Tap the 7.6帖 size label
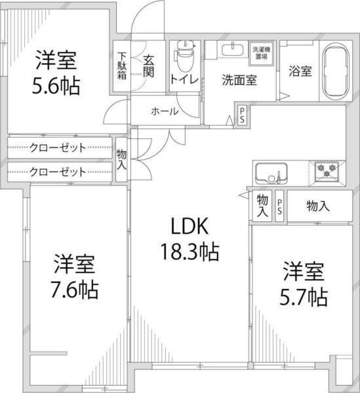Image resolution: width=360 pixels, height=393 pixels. point(75,289)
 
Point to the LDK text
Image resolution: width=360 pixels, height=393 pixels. point(190,227)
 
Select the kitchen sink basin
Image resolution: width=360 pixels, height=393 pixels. point(269,174)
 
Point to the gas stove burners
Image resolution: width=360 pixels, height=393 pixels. point(326,172)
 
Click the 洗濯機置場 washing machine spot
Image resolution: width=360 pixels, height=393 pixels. point(264,52)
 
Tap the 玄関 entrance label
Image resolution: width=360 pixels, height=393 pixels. point(149,65)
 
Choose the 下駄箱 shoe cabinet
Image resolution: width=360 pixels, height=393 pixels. point(123,65)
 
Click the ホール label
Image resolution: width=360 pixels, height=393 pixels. point(164,111)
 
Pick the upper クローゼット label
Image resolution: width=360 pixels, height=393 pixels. point(58,147)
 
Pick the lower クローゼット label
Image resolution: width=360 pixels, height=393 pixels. point(58,172)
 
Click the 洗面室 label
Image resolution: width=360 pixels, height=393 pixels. point(239,81)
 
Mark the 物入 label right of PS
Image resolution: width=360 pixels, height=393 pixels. point(318,206)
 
